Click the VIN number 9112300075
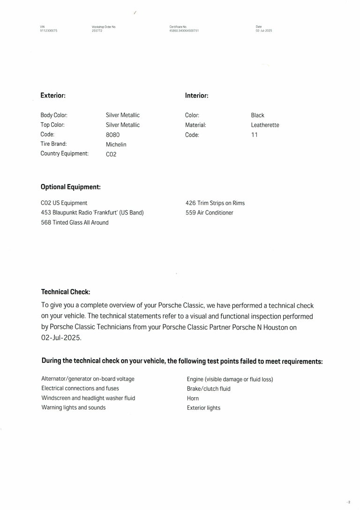pyautogui.click(x=49, y=30)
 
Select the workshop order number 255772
pyautogui.click(x=97, y=30)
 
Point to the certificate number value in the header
pyautogui.click(x=184, y=30)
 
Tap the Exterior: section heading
pyautogui.click(x=53, y=96)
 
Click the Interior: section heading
pyautogui.click(x=196, y=96)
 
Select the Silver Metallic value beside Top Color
pyautogui.click(x=123, y=125)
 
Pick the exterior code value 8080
pyautogui.click(x=113, y=135)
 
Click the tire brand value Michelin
pyautogui.click(x=116, y=145)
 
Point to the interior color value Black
pyautogui.click(x=257, y=115)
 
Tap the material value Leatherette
pyautogui.click(x=265, y=125)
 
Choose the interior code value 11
pyautogui.click(x=255, y=135)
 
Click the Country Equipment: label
pyautogui.click(x=64, y=154)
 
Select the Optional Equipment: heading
pyautogui.click(x=71, y=187)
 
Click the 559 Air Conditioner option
pyautogui.click(x=210, y=213)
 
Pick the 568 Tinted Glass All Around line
pyautogui.click(x=75, y=222)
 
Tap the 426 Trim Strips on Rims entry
pyautogui.click(x=215, y=203)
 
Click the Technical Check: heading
pyautogui.click(x=66, y=292)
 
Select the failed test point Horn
pyautogui.click(x=193, y=399)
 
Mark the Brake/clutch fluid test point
pyautogui.click(x=209, y=389)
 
